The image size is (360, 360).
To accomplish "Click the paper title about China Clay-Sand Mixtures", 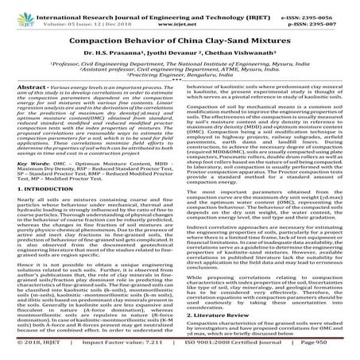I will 179,37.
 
